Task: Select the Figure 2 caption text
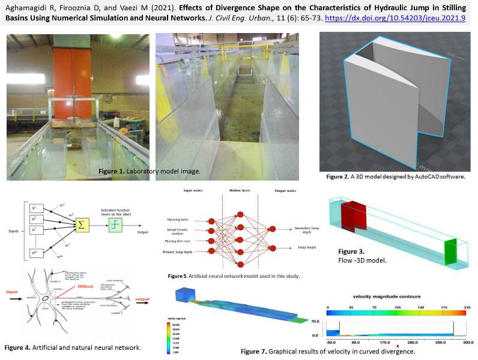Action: pyautogui.click(x=396, y=178)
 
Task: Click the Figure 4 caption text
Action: pyautogui.click(x=73, y=347)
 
